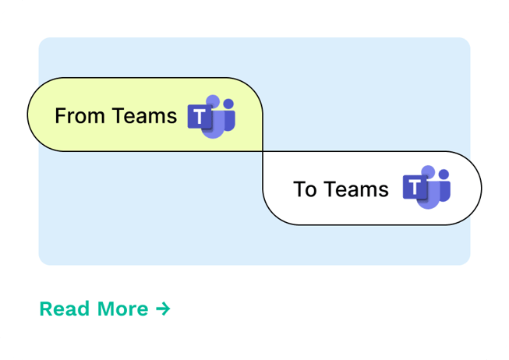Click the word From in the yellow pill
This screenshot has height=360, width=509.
(x=80, y=115)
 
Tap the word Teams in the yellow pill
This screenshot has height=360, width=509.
(x=144, y=115)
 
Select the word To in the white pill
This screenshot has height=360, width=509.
(x=305, y=189)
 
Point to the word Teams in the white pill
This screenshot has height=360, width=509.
(x=356, y=189)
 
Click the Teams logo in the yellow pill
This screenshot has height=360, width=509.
(x=211, y=117)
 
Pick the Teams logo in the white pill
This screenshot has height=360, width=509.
(x=426, y=187)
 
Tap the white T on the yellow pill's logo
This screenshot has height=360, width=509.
(x=200, y=116)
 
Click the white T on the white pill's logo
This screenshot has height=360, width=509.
(x=415, y=187)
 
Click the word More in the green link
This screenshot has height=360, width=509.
(x=122, y=309)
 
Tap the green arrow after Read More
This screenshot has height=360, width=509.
(x=163, y=309)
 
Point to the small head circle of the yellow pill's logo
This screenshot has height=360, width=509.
(x=228, y=104)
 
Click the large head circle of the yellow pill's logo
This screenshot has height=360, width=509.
(x=213, y=101)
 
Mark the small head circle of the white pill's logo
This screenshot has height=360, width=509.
(x=444, y=175)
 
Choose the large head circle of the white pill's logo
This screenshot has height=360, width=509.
(x=428, y=171)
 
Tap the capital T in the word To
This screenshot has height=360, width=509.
(x=299, y=189)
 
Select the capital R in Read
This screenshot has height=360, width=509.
(x=46, y=309)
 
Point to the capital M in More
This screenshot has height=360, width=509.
(x=106, y=309)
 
